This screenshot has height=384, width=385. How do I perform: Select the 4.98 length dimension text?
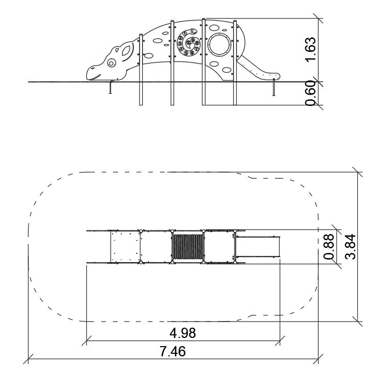(x=183, y=333)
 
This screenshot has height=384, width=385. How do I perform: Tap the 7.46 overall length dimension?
(x=173, y=351)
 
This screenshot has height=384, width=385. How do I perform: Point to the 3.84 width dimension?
(x=350, y=247)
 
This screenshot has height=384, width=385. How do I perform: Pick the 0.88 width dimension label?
(x=329, y=247)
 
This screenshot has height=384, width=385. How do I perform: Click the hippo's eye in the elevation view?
(x=111, y=63)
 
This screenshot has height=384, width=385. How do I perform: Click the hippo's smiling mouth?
(x=95, y=77)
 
